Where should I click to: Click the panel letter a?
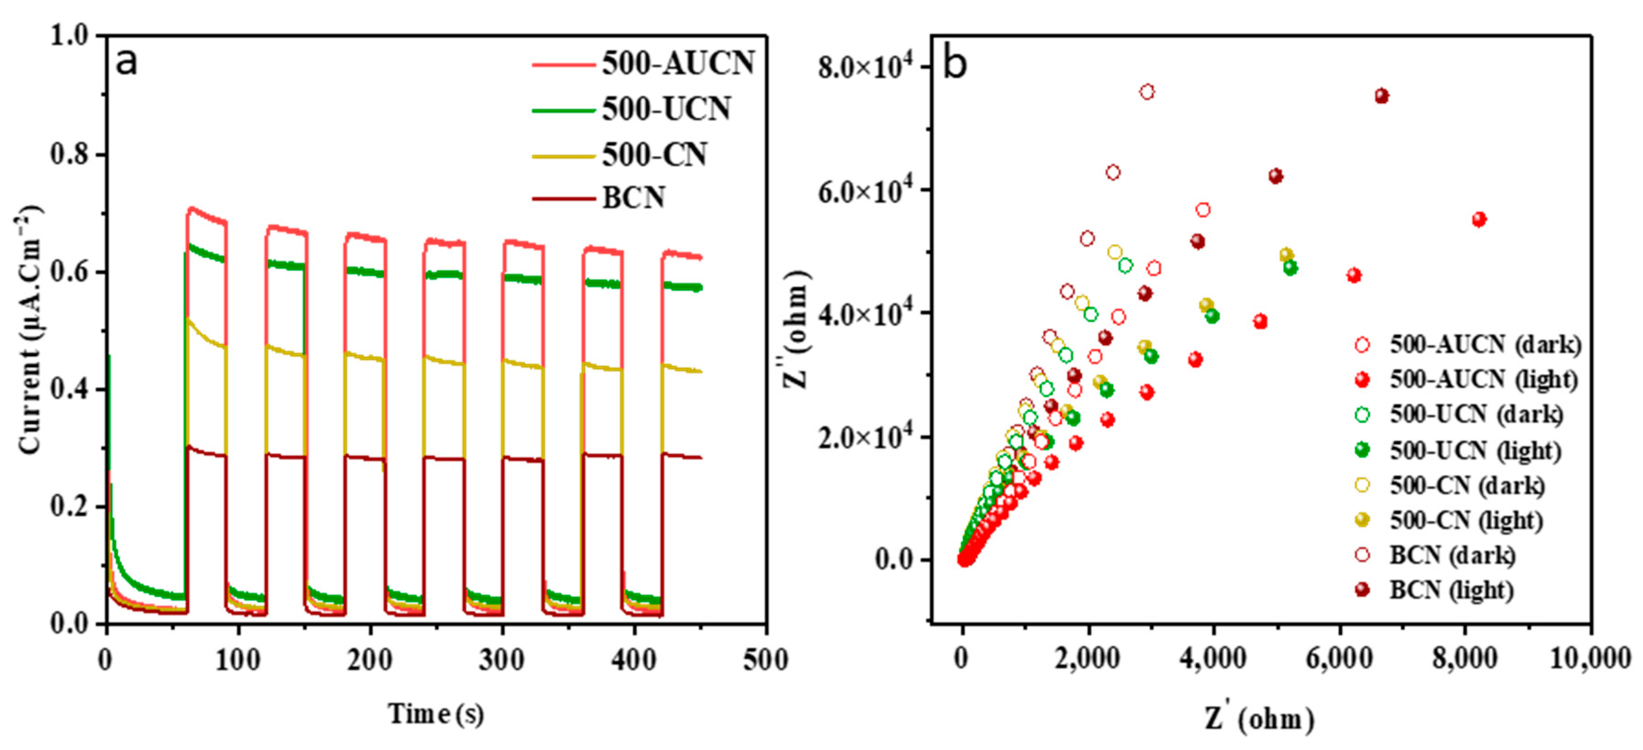click(126, 62)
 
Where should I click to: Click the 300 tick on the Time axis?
click(502, 660)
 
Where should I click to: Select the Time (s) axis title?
click(436, 714)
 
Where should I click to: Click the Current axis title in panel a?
click(29, 330)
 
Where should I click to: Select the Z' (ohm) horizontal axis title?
click(1260, 719)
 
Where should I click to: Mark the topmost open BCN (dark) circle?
click(1147, 92)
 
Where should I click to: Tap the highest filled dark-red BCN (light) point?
click(1381, 96)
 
